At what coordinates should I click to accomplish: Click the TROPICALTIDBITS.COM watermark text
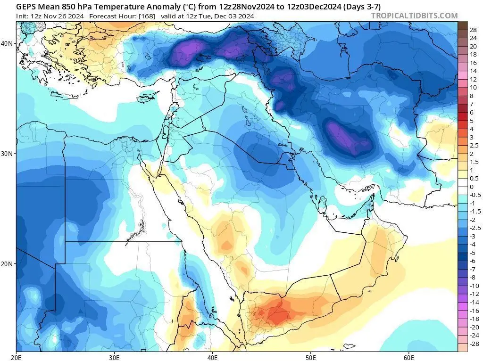coord(414,16)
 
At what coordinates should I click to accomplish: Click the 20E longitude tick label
coord(17,357)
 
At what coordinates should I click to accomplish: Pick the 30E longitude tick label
coord(115,357)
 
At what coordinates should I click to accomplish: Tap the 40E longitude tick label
coord(212,357)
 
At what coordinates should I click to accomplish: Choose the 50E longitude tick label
coord(310,357)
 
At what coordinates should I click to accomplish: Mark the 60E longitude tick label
coord(408,357)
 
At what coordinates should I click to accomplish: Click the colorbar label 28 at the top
coord(474,30)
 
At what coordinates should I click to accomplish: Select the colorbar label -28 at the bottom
coord(475,344)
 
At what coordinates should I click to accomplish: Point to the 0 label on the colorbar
coord(472,187)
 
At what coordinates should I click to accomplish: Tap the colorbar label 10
coord(474,87)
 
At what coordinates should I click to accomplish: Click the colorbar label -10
coord(475,286)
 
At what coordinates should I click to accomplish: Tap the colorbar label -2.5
coord(475,228)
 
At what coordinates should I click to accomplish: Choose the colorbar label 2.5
coord(474,146)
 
